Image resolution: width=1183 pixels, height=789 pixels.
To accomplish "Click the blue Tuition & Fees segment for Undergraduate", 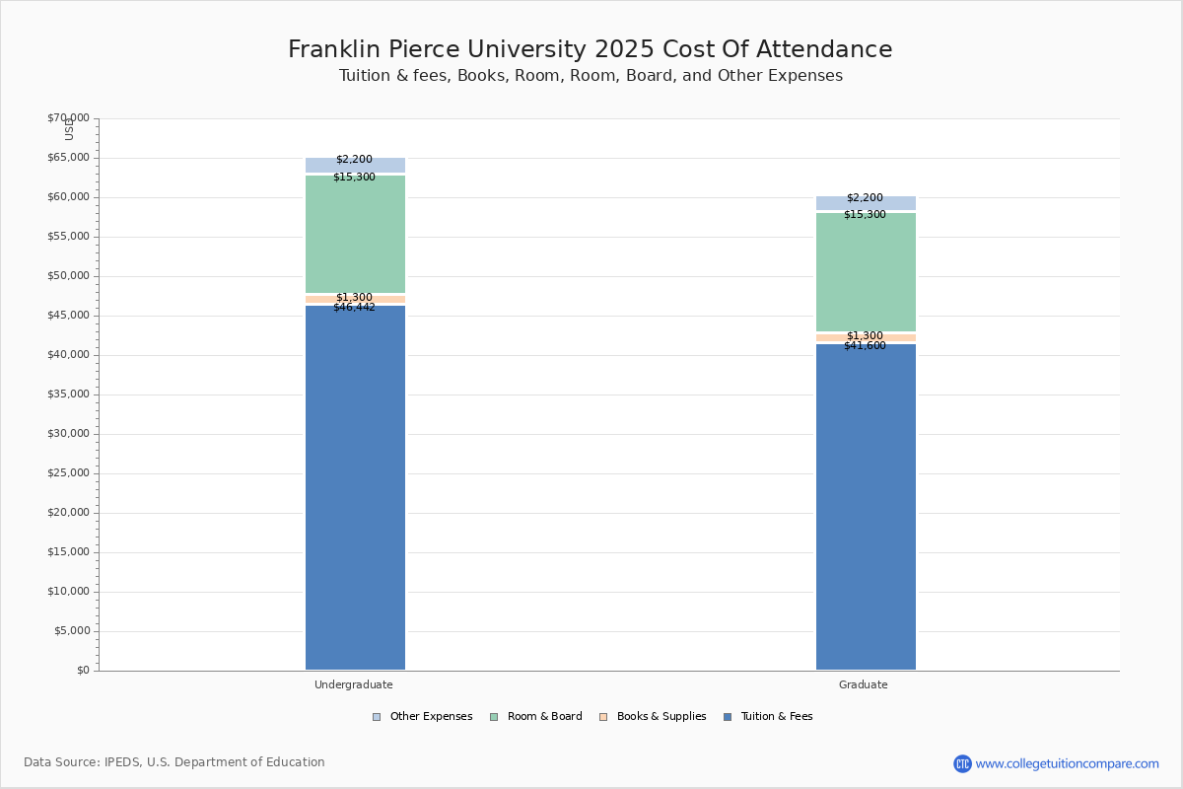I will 355,488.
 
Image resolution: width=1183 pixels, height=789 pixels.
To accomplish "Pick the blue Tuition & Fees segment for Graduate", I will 866,508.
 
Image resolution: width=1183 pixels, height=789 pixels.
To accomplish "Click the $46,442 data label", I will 354,308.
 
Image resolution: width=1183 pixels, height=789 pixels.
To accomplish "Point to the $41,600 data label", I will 865,346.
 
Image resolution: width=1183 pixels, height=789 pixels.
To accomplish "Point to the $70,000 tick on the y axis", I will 68,118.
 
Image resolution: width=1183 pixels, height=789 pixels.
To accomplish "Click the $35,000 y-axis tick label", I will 68,394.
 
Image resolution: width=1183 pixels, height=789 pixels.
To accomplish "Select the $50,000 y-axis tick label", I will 68,276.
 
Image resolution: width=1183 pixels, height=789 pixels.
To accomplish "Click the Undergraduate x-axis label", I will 354,684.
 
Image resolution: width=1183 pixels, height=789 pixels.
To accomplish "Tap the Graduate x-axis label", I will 864,684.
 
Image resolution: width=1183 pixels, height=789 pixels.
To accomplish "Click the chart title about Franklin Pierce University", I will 590,49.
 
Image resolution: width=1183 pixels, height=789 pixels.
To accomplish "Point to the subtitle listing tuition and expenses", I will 591,76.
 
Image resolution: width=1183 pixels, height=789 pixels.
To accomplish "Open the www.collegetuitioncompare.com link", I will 1067,763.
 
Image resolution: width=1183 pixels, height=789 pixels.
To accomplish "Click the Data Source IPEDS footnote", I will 174,762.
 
